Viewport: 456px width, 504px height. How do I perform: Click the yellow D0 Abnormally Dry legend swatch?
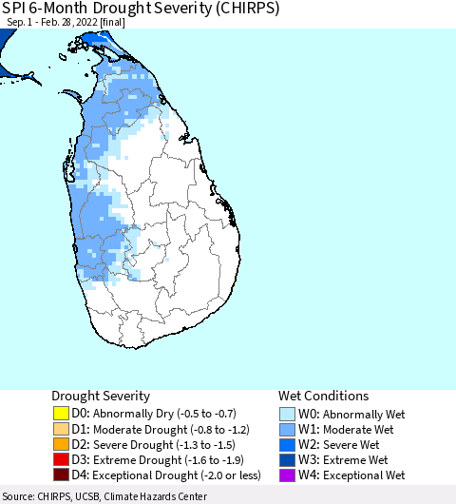[x=62, y=414]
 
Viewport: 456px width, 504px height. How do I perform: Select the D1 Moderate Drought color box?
[x=62, y=429]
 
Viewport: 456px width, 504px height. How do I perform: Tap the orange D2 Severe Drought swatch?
[x=62, y=444]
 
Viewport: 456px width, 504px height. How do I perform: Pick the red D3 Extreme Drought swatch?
[x=62, y=459]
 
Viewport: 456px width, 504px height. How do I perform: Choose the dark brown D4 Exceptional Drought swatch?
[x=62, y=475]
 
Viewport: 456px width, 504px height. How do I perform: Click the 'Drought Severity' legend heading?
[x=101, y=396]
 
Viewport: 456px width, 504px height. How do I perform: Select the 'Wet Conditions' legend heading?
[x=323, y=396]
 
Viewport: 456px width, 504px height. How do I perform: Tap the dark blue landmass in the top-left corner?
[x=7, y=39]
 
